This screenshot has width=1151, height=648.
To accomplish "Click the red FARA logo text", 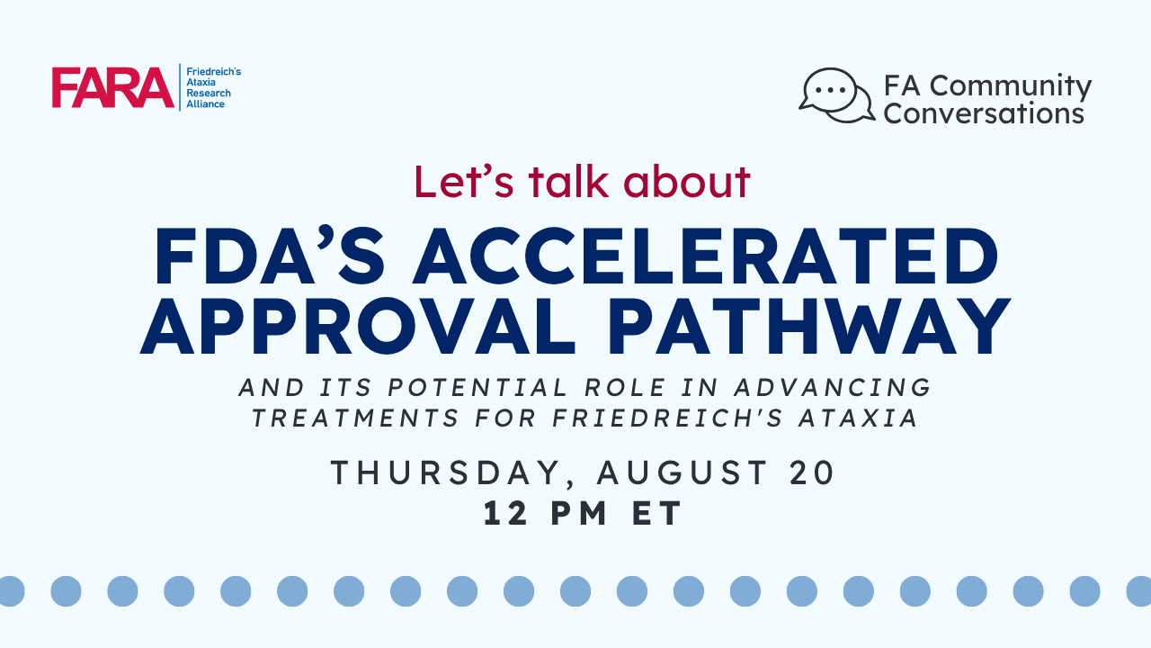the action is pyautogui.click(x=112, y=87).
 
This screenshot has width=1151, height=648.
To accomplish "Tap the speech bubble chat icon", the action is pyautogui.click(x=836, y=95).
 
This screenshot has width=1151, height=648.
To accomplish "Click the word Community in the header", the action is pyautogui.click(x=1011, y=85).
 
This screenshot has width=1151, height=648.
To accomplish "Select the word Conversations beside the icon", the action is pyautogui.click(x=984, y=113).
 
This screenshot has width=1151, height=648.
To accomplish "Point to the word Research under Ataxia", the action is pyautogui.click(x=209, y=93).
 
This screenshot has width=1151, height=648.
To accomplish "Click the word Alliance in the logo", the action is pyautogui.click(x=206, y=103).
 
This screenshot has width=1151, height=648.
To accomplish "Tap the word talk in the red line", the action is pyautogui.click(x=567, y=182).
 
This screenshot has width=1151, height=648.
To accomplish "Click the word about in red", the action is pyautogui.click(x=687, y=182).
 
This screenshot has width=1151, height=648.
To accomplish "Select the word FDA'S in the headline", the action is pyautogui.click(x=270, y=256).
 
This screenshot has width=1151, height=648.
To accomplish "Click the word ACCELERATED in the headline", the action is pyautogui.click(x=706, y=256).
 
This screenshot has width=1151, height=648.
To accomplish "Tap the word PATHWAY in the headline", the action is pyautogui.click(x=810, y=326).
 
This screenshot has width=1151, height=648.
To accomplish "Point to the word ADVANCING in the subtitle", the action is pyautogui.click(x=833, y=388).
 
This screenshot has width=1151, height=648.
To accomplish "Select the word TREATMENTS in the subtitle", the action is pyautogui.click(x=354, y=418).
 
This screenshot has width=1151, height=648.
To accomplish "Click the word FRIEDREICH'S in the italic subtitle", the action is pyautogui.click(x=667, y=418).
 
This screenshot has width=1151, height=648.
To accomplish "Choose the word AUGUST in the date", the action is pyautogui.click(x=683, y=472).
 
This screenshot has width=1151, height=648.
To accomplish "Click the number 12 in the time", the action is pyautogui.click(x=505, y=513).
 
